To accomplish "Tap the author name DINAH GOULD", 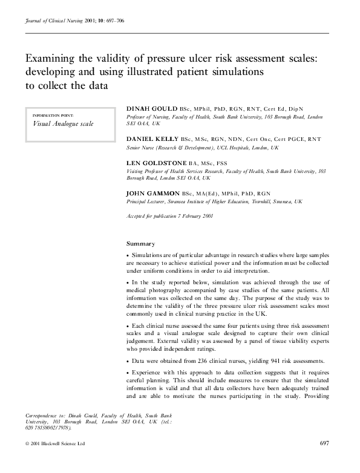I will click(148, 108).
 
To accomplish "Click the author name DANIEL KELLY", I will click(149, 139).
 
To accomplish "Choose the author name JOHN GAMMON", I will click(149, 192).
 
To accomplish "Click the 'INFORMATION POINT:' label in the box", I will click(52, 114).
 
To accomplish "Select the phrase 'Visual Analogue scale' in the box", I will click(63, 123).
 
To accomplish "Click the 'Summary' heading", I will click(140, 244).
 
